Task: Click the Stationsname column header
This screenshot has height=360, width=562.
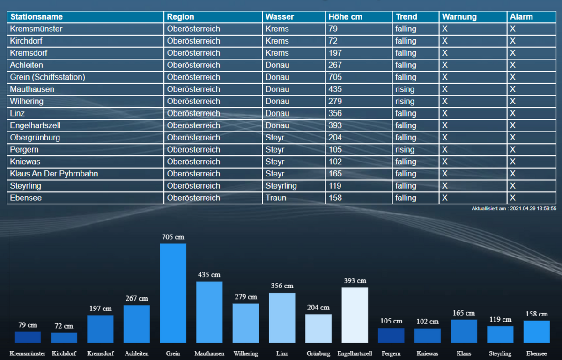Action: (x=37, y=17)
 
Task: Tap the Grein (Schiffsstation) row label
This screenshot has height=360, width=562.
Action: (x=47, y=77)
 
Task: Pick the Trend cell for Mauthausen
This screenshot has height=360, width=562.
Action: (x=405, y=89)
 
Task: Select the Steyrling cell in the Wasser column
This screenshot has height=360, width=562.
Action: (x=281, y=186)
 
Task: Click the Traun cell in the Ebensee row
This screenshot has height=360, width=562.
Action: (x=276, y=198)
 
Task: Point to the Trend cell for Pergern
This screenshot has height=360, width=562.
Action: (x=405, y=150)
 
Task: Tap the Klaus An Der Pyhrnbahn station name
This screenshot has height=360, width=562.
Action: (x=54, y=174)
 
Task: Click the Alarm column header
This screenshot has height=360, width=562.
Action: (x=521, y=17)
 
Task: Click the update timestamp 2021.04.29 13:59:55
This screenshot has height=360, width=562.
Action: (x=514, y=208)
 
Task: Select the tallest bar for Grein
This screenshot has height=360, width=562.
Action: (x=173, y=293)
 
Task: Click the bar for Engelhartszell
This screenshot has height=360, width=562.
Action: (x=355, y=315)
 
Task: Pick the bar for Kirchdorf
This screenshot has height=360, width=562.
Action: (x=64, y=338)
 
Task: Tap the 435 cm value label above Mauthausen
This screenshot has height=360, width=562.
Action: (x=209, y=275)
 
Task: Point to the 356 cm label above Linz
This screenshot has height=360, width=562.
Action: (x=282, y=286)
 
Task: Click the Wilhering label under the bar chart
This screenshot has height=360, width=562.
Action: (x=245, y=353)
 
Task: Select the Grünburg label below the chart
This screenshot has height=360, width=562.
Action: (x=318, y=353)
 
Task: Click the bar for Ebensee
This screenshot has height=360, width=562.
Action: (x=537, y=331)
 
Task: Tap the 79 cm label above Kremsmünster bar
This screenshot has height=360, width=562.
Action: (x=28, y=325)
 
